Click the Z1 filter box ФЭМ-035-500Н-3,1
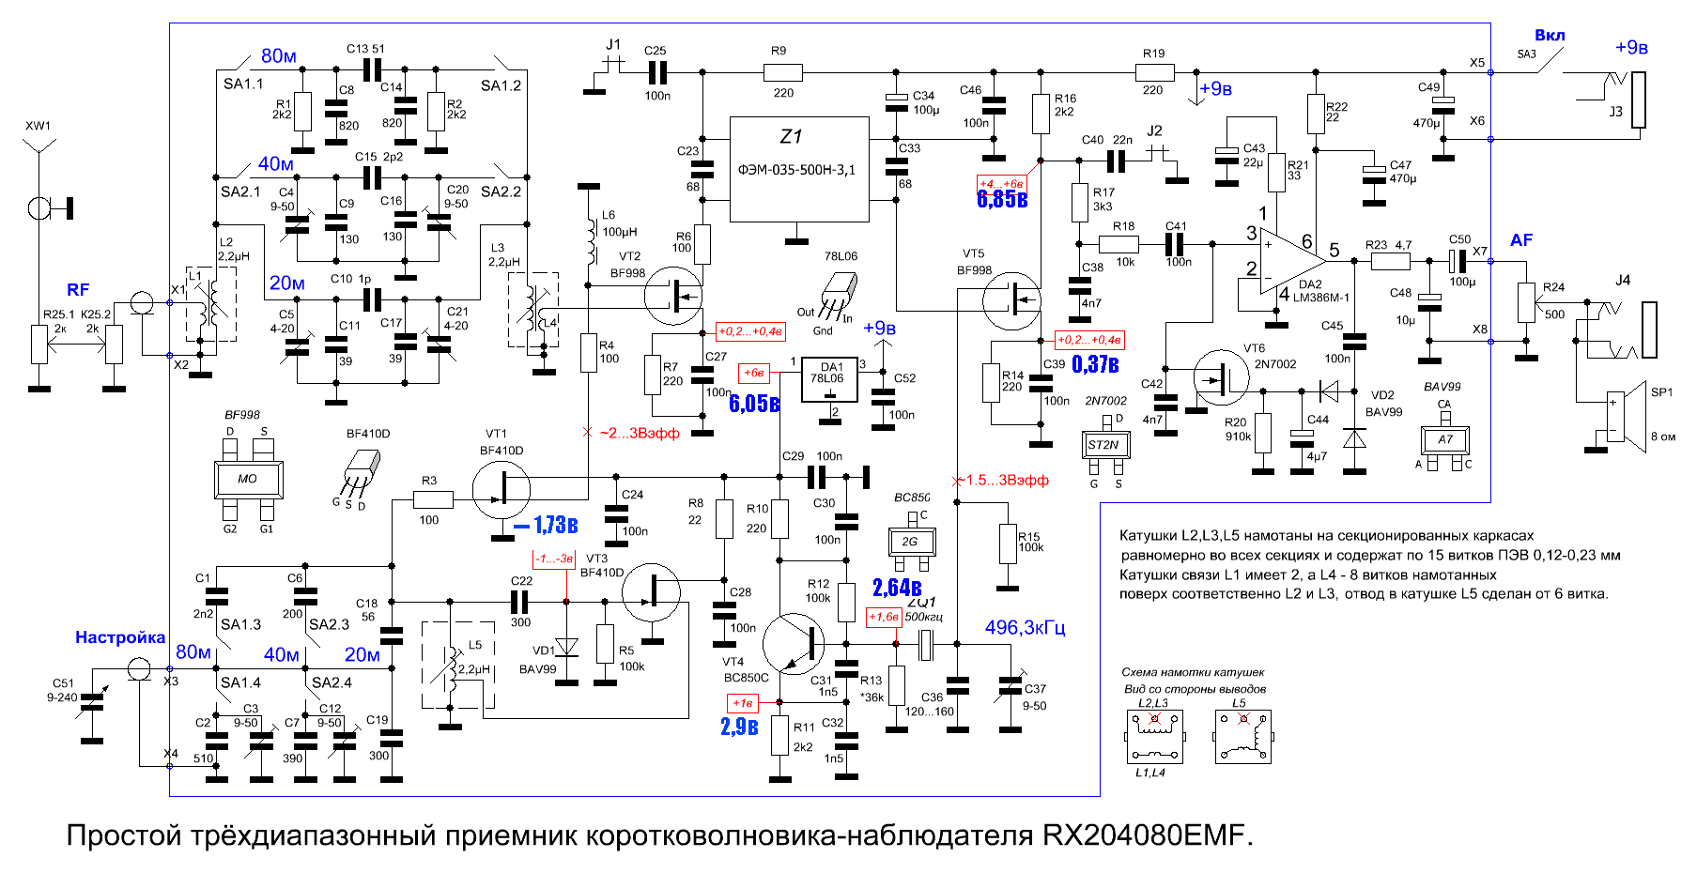[x=799, y=169]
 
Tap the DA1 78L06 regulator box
[x=829, y=379]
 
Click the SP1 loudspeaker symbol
[x=1628, y=417]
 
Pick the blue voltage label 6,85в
[x=1002, y=199]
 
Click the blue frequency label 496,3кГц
[x=1025, y=627]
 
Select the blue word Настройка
[x=120, y=637]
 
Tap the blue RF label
[x=78, y=290]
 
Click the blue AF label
[x=1521, y=240]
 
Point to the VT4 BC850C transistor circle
[x=794, y=645]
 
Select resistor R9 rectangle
[x=782, y=72]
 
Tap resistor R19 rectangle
[x=1154, y=72]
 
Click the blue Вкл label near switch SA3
[x=1550, y=36]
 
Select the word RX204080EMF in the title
[x=1148, y=835]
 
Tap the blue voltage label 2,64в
[x=897, y=588]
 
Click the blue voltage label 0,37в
[x=1095, y=364]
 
